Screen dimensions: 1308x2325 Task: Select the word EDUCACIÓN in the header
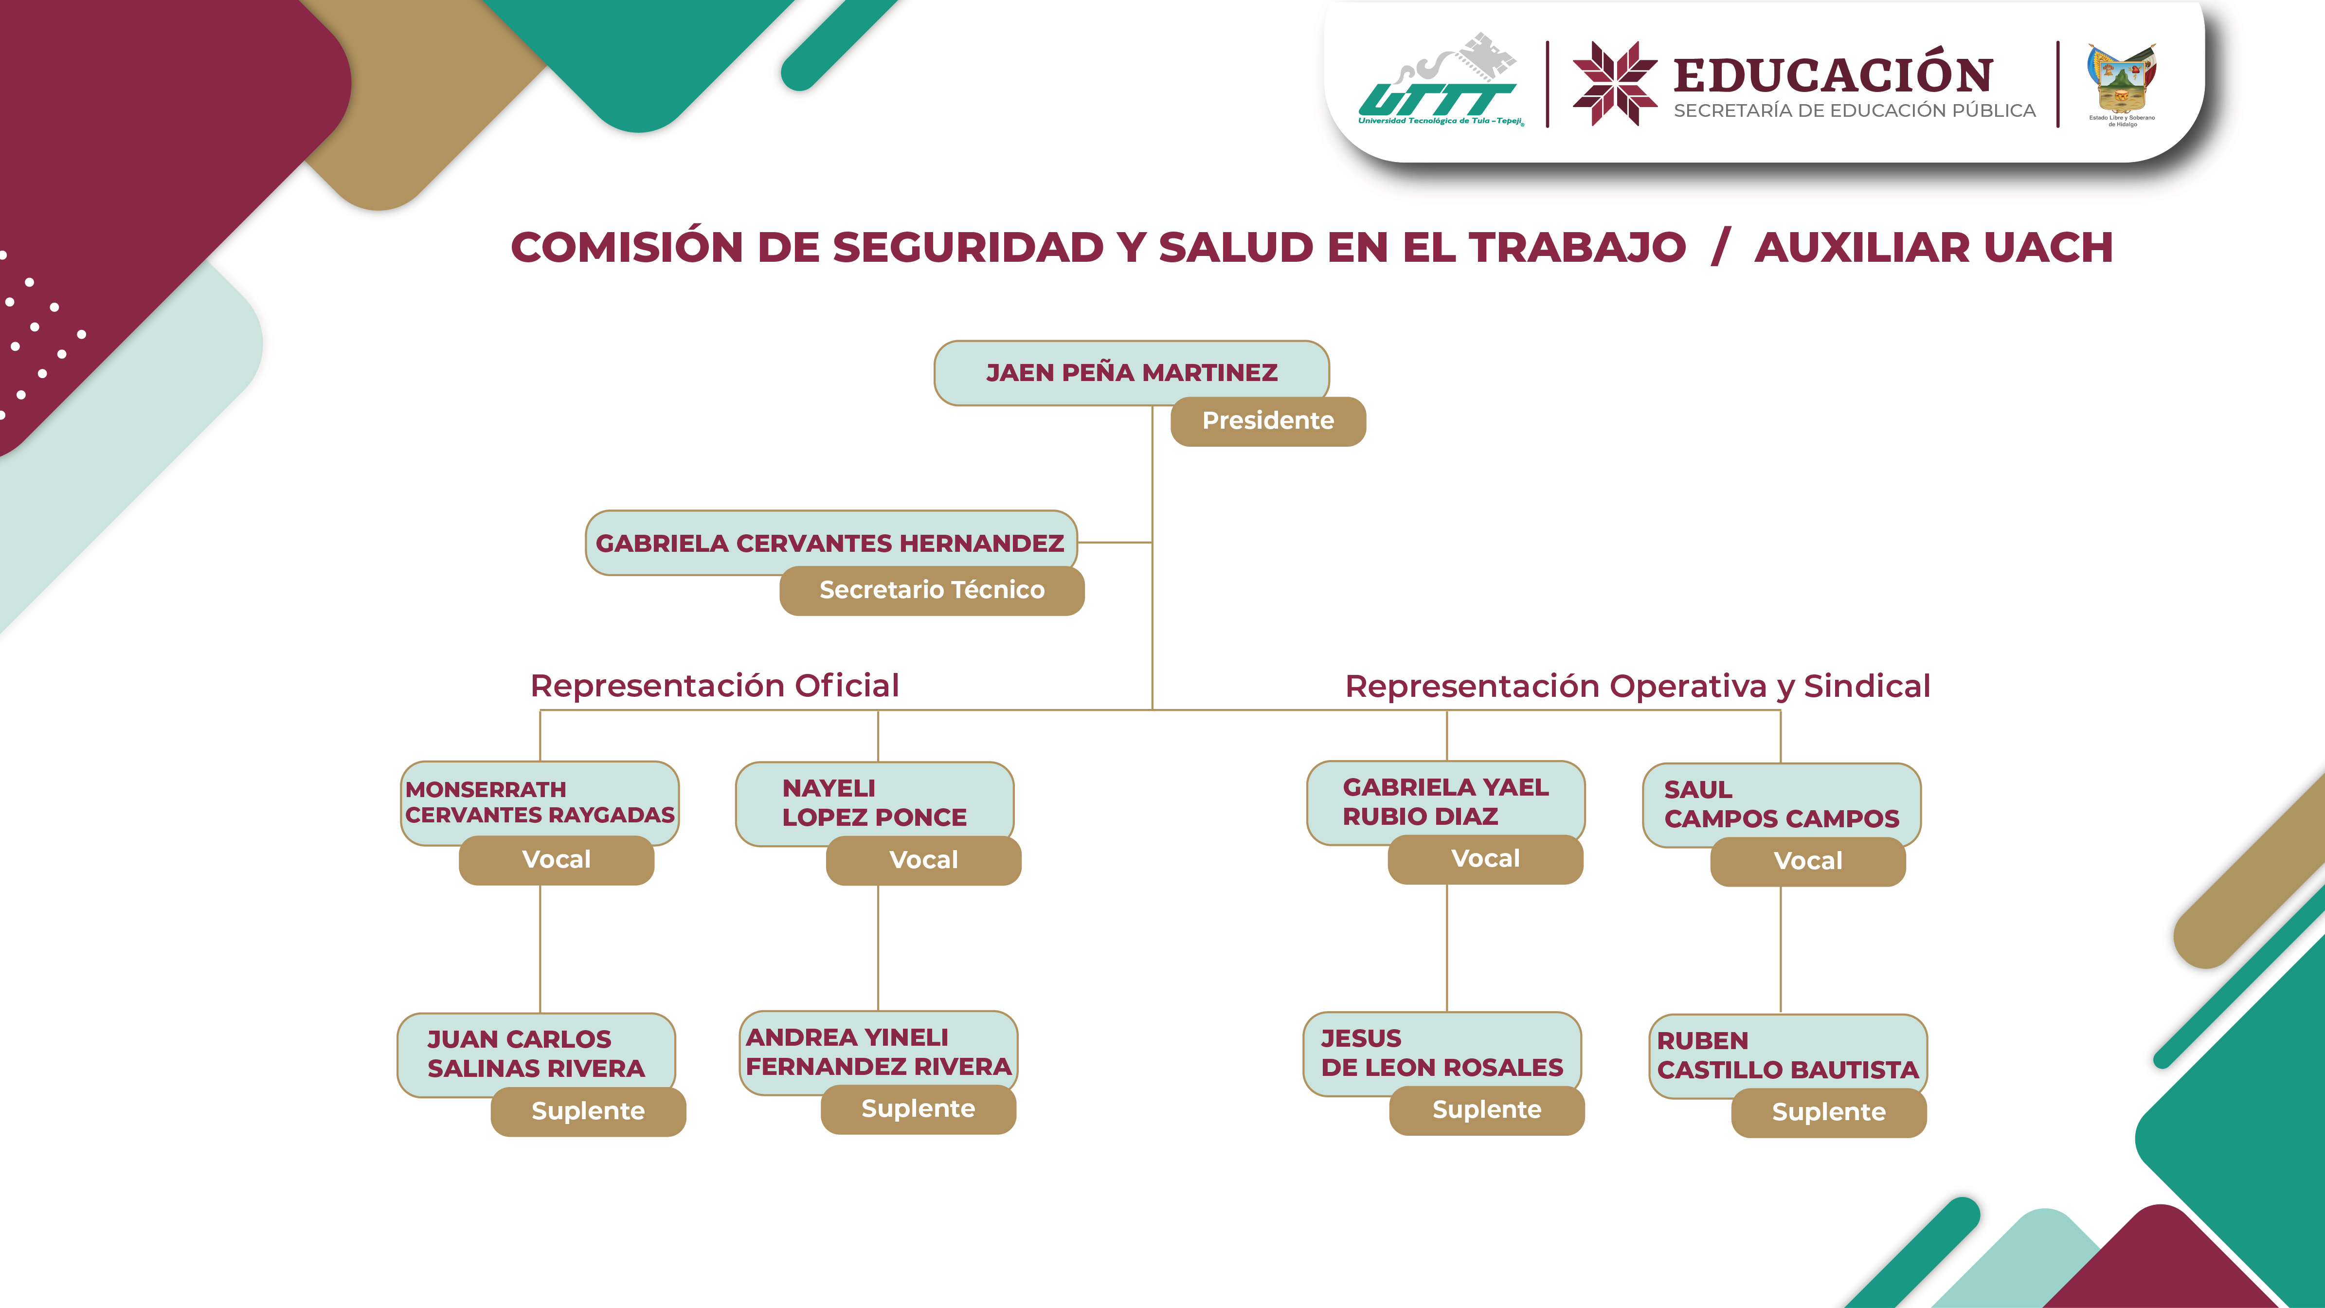point(1832,75)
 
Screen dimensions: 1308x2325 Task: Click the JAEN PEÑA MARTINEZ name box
point(1131,372)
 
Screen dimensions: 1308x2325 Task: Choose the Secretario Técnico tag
point(932,590)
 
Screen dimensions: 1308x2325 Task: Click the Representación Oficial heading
point(714,686)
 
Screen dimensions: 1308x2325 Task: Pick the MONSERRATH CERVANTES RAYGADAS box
point(539,801)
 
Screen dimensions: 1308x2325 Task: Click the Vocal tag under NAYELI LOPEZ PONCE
point(923,860)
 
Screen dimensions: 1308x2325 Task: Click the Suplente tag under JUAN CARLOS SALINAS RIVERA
point(588,1111)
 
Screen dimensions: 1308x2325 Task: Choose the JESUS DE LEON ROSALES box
point(1442,1053)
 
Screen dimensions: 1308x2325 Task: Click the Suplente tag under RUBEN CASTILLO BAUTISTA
point(1829,1112)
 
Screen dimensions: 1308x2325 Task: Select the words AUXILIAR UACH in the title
point(1933,247)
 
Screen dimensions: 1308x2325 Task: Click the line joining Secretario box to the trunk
point(1115,543)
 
